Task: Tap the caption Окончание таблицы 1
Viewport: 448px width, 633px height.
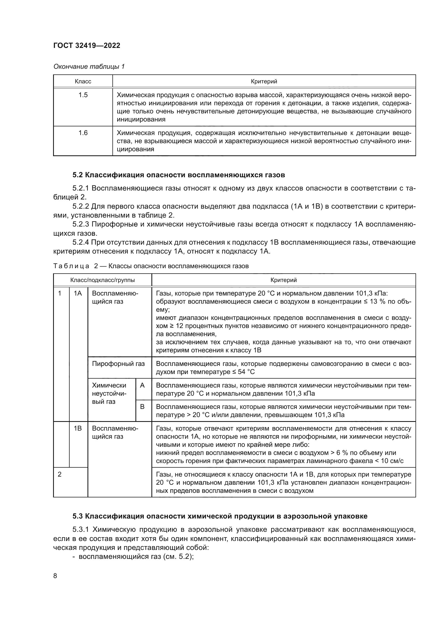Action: [89, 67]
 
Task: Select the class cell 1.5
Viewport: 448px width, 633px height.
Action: [83, 95]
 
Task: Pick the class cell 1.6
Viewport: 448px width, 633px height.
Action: [83, 133]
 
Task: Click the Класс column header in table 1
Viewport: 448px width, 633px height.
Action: [83, 81]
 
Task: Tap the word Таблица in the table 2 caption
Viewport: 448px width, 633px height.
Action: [71, 266]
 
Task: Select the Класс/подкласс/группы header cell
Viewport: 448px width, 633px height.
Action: [102, 280]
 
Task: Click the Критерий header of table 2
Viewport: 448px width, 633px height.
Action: [284, 280]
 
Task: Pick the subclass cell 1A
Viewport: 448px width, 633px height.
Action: [78, 293]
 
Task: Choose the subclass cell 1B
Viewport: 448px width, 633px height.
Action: [78, 428]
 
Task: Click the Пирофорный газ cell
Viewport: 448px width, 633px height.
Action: [118, 364]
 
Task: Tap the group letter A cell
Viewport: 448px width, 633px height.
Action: [142, 385]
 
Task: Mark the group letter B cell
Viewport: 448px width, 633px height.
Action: [142, 407]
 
